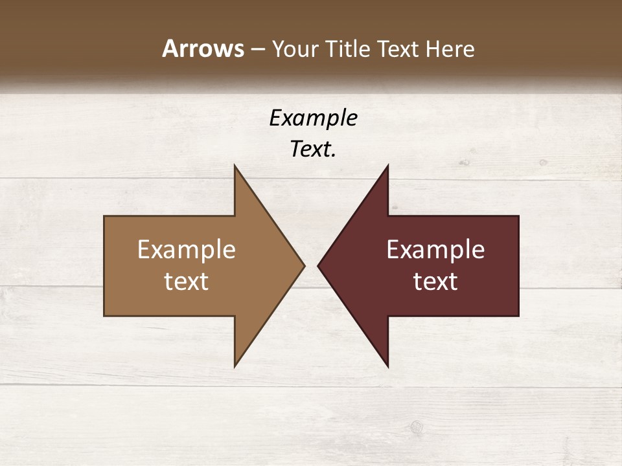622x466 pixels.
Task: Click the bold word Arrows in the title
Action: pos(203,49)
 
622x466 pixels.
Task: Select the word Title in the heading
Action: pos(351,49)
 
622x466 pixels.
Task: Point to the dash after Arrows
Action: pos(257,50)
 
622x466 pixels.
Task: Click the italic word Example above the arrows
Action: pos(313,118)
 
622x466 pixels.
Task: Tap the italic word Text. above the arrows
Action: pos(313,149)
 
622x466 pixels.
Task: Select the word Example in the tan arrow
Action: pos(187,250)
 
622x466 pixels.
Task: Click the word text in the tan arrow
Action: pos(187,282)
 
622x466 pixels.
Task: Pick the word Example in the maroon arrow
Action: pos(435,250)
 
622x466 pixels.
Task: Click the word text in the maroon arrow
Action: pos(435,282)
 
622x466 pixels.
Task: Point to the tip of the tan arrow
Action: pos(304,265)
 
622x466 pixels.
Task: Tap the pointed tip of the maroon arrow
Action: pos(318,265)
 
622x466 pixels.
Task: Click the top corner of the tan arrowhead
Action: pos(235,166)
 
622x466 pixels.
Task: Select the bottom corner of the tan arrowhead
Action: pos(235,366)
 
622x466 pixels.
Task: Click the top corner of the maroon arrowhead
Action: pos(387,166)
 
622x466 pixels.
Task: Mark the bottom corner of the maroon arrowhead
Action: pos(387,366)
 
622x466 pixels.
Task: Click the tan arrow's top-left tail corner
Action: pos(104,216)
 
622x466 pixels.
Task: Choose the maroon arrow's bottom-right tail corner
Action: pos(518,315)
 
